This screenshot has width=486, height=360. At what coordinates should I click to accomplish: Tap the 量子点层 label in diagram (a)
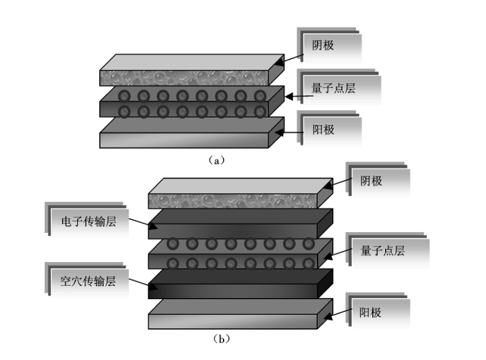pos(333,89)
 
